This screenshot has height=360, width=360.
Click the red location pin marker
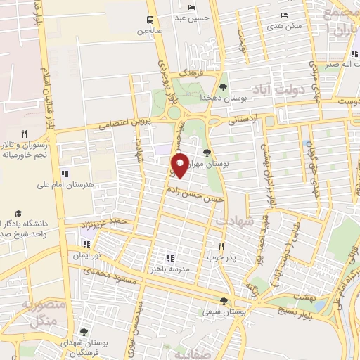pos(179,166)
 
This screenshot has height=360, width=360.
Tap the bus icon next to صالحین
pos(150,20)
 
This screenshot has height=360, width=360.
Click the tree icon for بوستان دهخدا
pos(223,87)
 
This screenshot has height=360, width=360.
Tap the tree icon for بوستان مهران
pos(206,152)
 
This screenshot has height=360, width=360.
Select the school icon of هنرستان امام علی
pos(65,174)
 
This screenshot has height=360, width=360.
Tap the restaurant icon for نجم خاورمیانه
pos(24,134)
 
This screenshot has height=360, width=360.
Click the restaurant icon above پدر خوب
pos(221,246)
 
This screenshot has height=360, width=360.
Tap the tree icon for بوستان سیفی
pos(224,300)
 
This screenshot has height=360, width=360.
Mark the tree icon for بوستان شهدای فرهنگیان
pos(84,331)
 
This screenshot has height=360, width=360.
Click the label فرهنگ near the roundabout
pos(191,73)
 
